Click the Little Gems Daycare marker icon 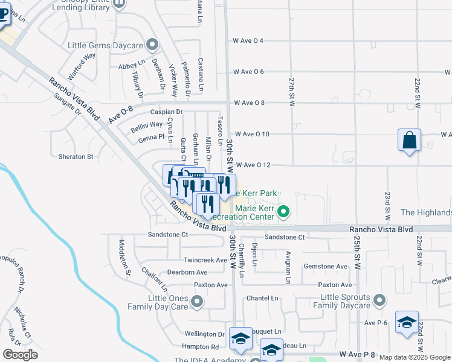click(x=152, y=44)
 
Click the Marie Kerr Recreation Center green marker click(x=282, y=212)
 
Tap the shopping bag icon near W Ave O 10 click(x=410, y=140)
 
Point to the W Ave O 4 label click(x=248, y=40)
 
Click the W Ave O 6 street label click(x=248, y=72)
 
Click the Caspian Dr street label click(x=167, y=112)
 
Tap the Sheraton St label click(x=76, y=156)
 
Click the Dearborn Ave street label click(x=205, y=272)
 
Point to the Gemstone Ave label click(x=326, y=266)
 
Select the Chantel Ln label click(x=262, y=298)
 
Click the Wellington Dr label click(x=204, y=334)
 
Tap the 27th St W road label click(x=291, y=91)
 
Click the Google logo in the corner click(x=20, y=355)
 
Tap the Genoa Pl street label click(x=151, y=138)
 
